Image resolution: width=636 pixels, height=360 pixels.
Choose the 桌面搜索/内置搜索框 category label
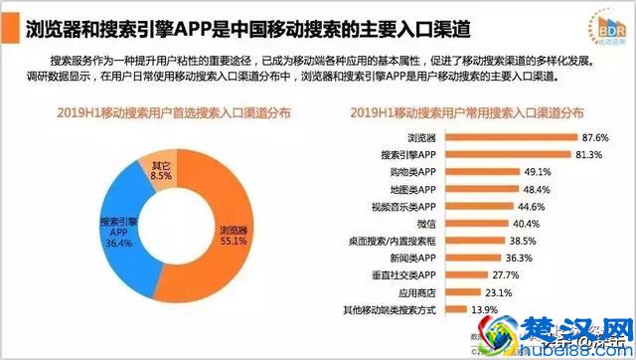[x=394, y=241]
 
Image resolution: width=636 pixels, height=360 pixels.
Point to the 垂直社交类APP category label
[x=407, y=275]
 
